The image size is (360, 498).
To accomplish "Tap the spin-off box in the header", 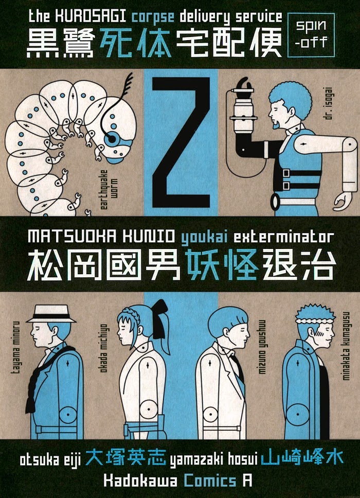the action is tap(311, 35).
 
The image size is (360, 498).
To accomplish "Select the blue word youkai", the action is tap(205, 237).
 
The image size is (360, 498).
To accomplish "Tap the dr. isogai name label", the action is tap(329, 104).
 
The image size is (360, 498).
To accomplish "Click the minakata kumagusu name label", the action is tap(346, 346).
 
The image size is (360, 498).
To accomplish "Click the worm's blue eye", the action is tap(112, 139).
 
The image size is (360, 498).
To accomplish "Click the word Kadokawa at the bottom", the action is tap(140, 481).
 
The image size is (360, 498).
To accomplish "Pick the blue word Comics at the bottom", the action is tap(210, 481).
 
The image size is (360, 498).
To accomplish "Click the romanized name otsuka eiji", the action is tap(50, 459).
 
